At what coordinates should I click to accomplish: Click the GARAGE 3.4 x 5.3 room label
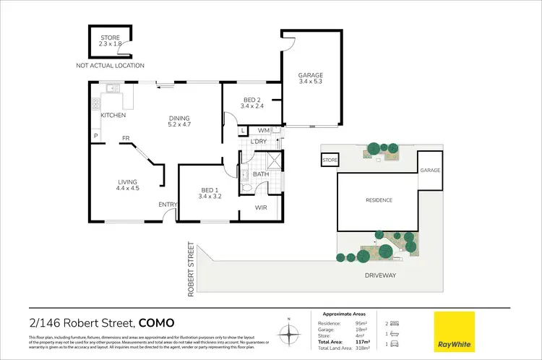click(311, 79)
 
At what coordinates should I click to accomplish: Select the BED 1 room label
click(210, 192)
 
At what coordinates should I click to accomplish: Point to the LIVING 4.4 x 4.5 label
click(127, 185)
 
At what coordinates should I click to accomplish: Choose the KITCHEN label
click(113, 116)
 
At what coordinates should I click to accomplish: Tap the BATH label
click(261, 173)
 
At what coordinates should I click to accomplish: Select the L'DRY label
click(259, 141)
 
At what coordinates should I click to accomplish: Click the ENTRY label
click(168, 205)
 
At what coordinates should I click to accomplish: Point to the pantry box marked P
click(95, 136)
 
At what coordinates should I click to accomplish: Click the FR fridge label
click(125, 138)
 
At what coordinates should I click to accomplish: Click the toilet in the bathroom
click(248, 187)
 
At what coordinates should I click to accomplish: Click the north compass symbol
click(289, 333)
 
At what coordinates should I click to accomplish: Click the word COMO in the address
click(156, 322)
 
